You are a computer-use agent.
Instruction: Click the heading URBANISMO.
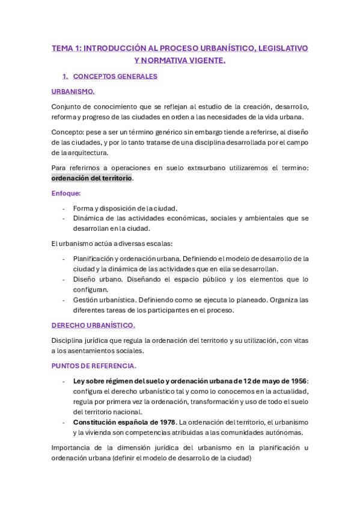(73, 91)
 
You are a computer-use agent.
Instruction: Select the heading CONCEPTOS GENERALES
(115, 76)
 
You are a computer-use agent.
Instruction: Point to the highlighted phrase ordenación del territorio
(91, 179)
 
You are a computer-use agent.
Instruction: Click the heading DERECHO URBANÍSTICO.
(93, 325)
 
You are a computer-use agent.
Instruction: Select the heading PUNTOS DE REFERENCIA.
(94, 366)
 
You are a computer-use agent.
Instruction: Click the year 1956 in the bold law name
(295, 381)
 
